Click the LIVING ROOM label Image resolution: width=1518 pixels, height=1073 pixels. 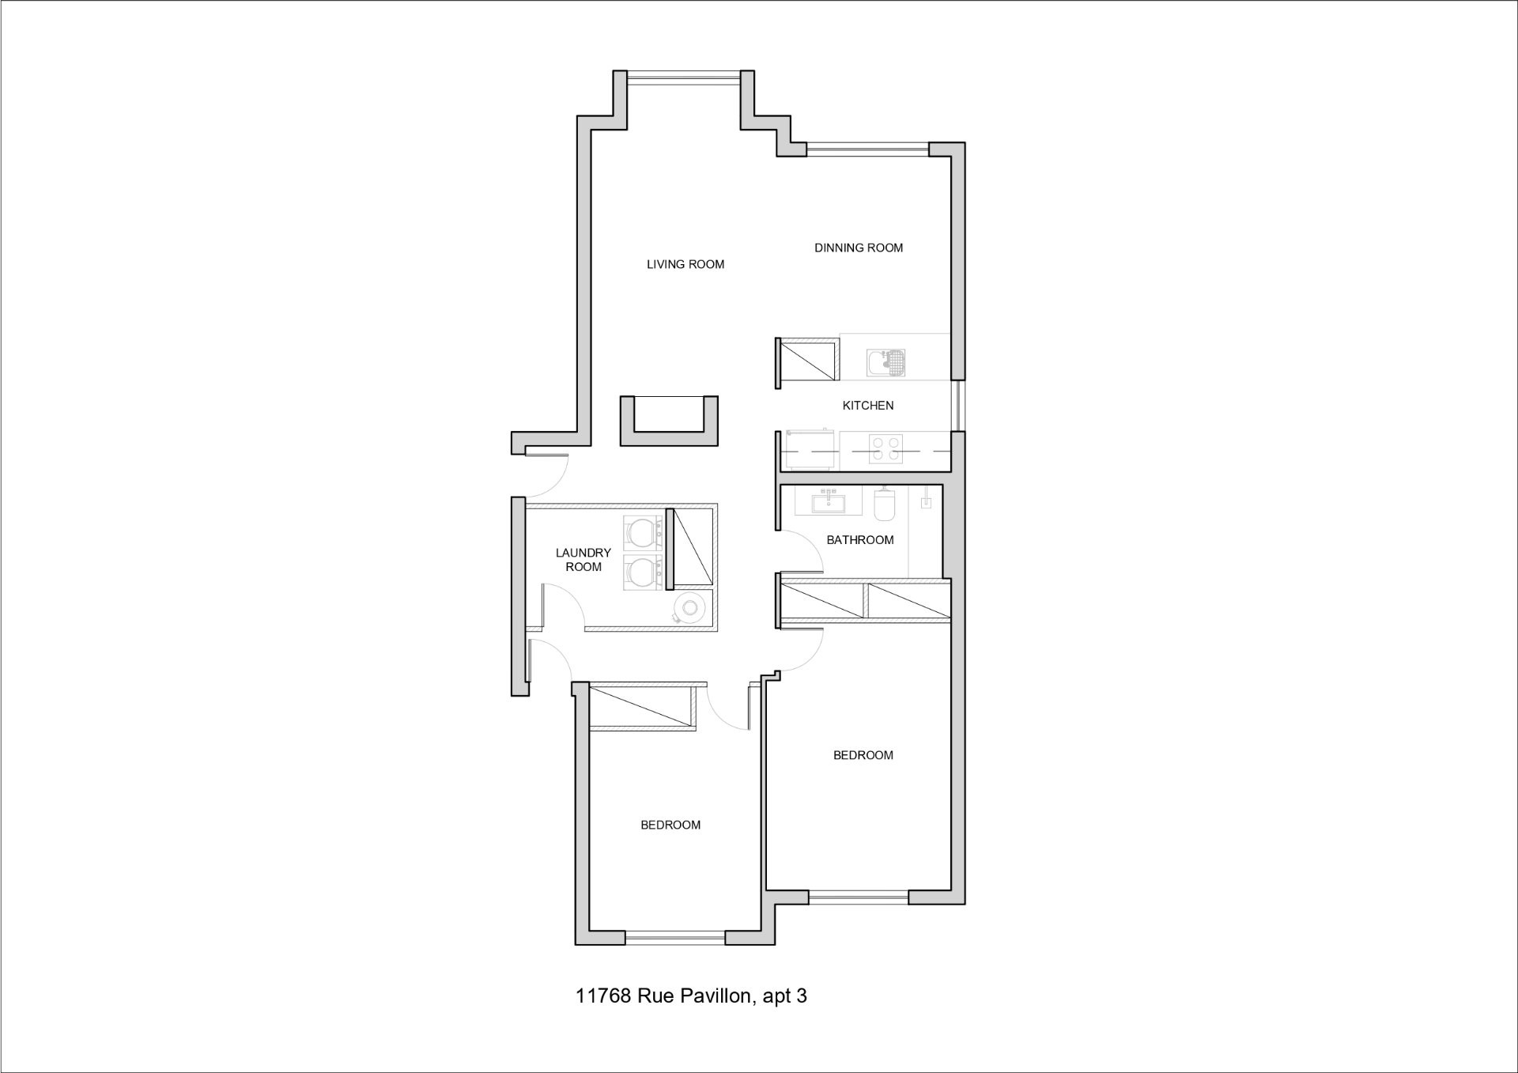tap(685, 264)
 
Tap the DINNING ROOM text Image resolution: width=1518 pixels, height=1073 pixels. tap(859, 247)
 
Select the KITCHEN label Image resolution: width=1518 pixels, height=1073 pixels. tap(868, 406)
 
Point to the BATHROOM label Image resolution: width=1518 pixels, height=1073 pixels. tap(860, 540)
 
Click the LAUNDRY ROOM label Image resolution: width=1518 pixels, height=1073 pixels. tap(583, 560)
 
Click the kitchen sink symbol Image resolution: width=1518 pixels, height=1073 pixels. tap(885, 363)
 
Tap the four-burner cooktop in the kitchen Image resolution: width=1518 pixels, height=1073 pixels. tap(885, 449)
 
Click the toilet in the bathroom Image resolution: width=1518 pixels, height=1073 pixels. tap(884, 504)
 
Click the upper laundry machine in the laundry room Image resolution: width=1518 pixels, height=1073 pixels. tap(644, 534)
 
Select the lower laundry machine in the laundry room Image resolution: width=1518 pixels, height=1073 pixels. tap(644, 572)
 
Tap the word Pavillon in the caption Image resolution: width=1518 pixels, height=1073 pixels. tap(714, 996)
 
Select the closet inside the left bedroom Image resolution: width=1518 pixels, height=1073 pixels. tap(642, 707)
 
